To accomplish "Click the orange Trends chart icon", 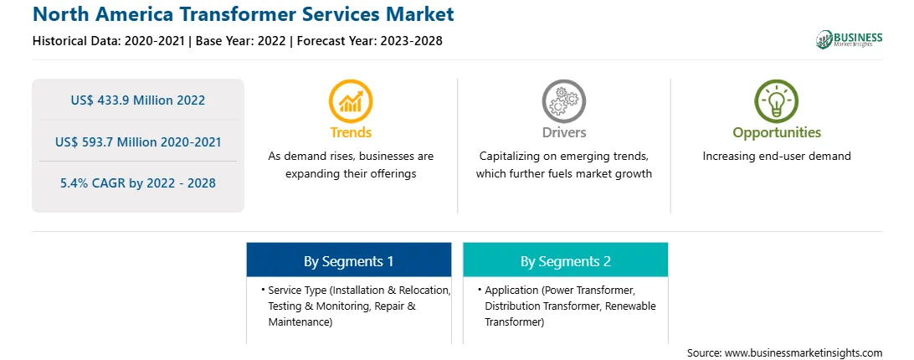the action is [x=351, y=100].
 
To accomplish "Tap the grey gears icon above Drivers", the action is [x=563, y=100].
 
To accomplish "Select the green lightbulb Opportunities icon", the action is [x=777, y=100].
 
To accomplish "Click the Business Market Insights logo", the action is [x=850, y=39].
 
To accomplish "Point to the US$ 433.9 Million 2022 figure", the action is [x=138, y=100].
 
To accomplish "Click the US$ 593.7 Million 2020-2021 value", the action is [x=138, y=141].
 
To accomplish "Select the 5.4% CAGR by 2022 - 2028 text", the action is [x=138, y=183].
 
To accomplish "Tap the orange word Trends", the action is [x=351, y=132].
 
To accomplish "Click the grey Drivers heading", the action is [x=563, y=132].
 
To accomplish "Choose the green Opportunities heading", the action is [x=777, y=133].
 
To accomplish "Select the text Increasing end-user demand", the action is [x=777, y=157].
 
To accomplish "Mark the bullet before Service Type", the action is [x=264, y=290].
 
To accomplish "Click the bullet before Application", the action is [x=480, y=290].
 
